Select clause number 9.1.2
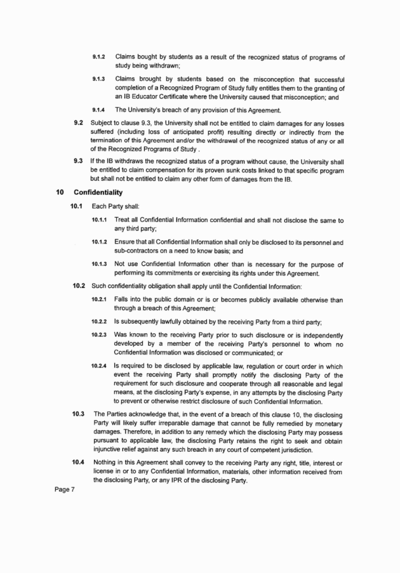coord(98,57)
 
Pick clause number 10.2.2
coord(100,320)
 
